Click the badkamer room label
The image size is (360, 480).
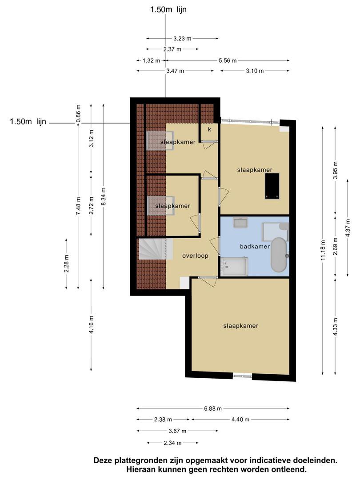coord(255,246)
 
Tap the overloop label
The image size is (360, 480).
coord(195,256)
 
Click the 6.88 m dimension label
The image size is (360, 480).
coord(213,408)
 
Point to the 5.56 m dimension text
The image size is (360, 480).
coord(228,60)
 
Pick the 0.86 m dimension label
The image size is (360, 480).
coord(78,114)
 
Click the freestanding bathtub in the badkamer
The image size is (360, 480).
coord(279,255)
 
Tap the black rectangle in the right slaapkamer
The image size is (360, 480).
coord(272,186)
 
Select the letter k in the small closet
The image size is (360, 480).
coord(210,129)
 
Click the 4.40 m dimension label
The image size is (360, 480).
coord(240,420)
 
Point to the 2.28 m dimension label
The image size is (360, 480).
coord(66,263)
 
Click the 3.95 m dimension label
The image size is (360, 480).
coord(335,170)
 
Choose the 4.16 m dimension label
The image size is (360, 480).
coord(91,325)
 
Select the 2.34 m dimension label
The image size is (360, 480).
coord(172,443)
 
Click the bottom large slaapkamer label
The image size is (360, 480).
coord(241,326)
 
